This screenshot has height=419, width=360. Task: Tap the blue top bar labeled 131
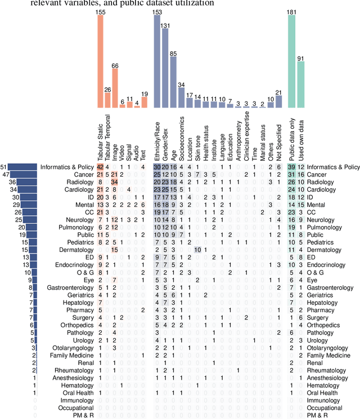tap(165, 67)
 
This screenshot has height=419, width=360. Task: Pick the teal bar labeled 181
tap(291, 61)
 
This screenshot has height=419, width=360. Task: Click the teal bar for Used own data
tap(300, 84)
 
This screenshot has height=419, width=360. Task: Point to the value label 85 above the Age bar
tap(173, 53)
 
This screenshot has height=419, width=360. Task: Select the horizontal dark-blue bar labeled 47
tap(23, 175)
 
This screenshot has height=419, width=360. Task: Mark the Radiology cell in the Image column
tap(115, 183)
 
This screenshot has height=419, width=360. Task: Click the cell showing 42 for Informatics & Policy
tap(100, 167)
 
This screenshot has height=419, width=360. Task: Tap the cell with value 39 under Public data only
tap(291, 167)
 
